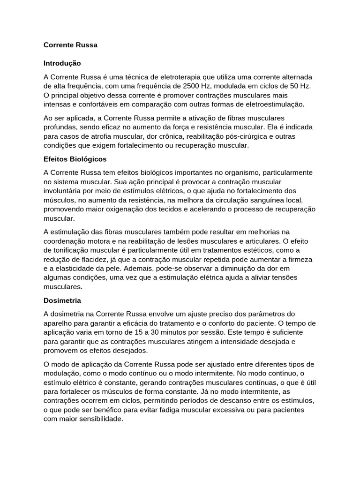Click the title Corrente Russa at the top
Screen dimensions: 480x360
(70, 45)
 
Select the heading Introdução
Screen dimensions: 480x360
(62, 63)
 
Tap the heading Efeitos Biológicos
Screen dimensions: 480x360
(75, 159)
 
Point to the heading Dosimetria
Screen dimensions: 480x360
(62, 300)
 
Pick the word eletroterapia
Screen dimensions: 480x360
(184, 77)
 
